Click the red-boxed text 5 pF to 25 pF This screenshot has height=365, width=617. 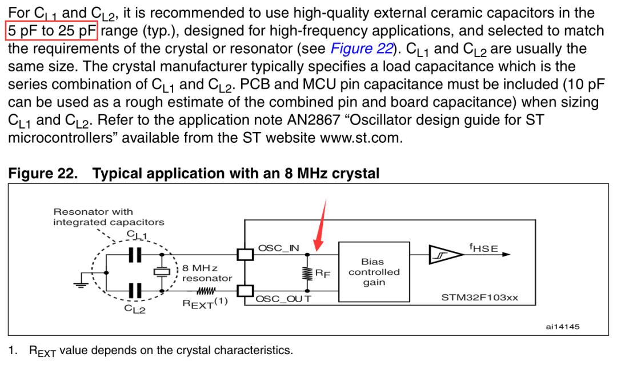(x=51, y=31)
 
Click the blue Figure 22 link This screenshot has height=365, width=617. (x=362, y=49)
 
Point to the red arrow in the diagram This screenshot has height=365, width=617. (x=320, y=225)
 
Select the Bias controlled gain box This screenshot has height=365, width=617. (x=374, y=272)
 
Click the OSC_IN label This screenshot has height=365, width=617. (x=279, y=248)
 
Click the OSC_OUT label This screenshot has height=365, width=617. (x=283, y=299)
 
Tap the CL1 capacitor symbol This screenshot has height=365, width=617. (x=135, y=255)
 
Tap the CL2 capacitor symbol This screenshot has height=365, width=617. (x=135, y=291)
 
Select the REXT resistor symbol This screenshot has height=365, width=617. (x=206, y=291)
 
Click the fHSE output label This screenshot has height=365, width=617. (x=484, y=248)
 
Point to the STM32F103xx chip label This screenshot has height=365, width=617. (x=479, y=298)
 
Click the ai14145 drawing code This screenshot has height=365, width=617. (x=563, y=327)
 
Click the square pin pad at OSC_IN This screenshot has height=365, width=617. (x=245, y=255)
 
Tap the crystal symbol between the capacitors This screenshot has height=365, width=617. (x=161, y=272)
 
